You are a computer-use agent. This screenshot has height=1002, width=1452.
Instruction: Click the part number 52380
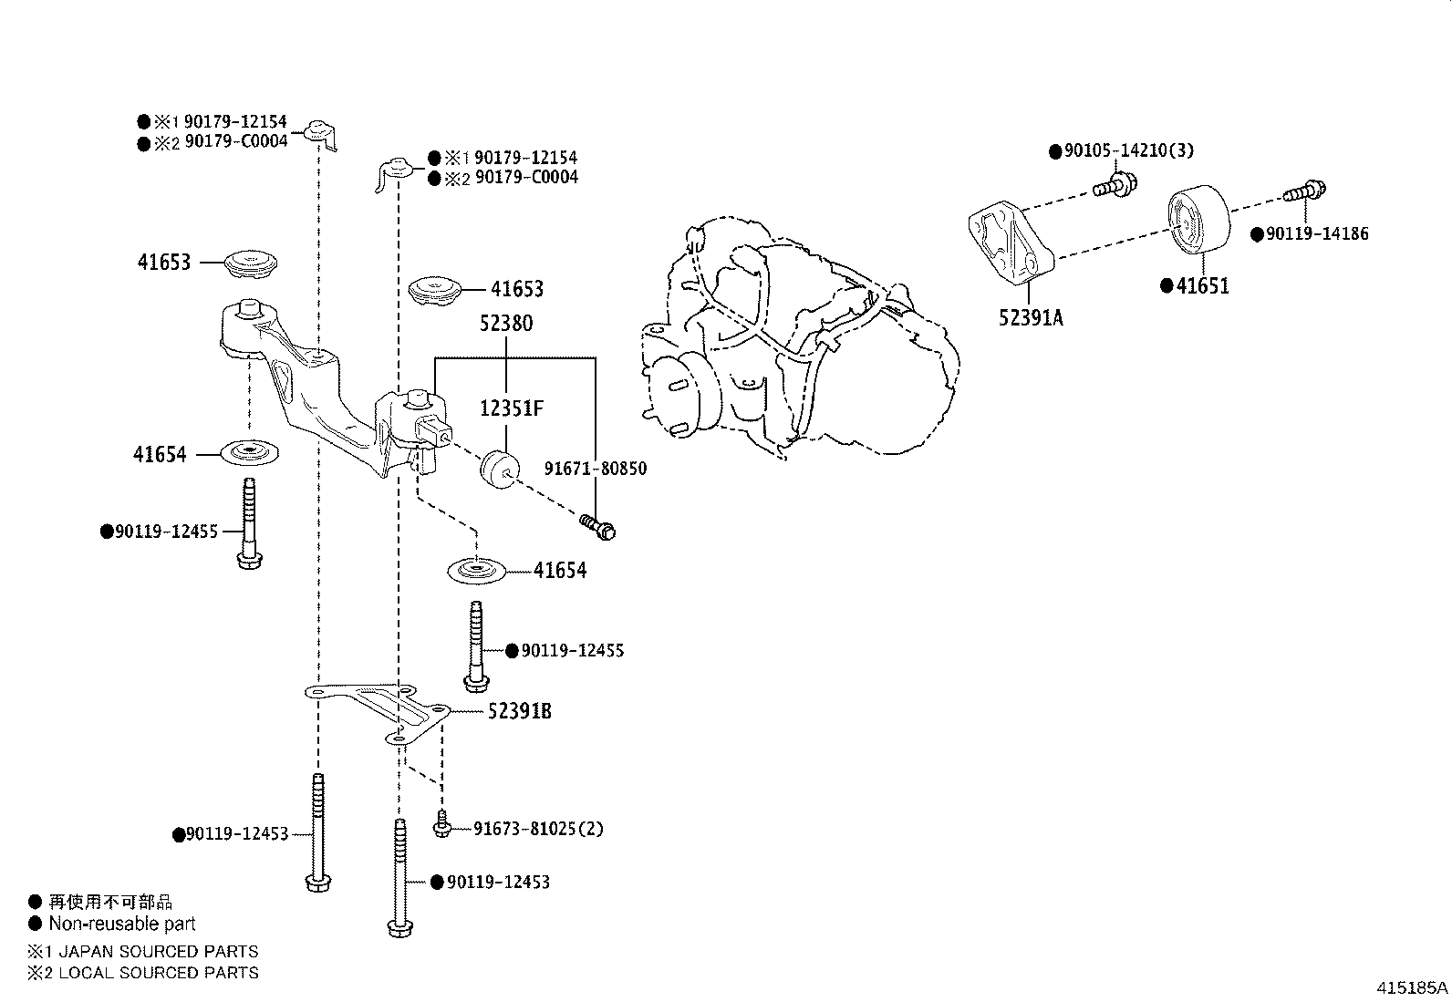click(x=506, y=324)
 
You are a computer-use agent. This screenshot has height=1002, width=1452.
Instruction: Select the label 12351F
click(x=512, y=409)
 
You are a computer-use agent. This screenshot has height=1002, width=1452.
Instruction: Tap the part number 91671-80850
click(x=596, y=469)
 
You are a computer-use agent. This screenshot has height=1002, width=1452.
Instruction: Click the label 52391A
click(x=1031, y=317)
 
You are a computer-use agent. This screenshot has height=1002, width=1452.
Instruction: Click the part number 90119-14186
click(x=1317, y=234)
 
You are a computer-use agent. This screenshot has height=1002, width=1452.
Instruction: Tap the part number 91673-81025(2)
click(x=538, y=829)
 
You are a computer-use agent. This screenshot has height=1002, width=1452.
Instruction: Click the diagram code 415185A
click(x=1412, y=987)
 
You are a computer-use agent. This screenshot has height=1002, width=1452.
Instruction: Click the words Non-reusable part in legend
click(x=122, y=924)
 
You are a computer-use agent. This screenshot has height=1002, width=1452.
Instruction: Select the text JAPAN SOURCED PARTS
click(x=158, y=951)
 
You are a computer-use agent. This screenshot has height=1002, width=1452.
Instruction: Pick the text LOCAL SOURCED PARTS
click(x=158, y=973)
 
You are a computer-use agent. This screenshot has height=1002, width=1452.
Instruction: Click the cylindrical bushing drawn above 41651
click(x=1198, y=218)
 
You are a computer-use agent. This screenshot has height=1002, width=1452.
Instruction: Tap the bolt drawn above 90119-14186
click(x=1304, y=191)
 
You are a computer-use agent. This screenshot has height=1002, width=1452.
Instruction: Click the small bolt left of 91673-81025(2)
click(x=442, y=823)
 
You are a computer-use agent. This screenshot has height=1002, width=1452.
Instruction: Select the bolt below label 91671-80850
click(x=598, y=526)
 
